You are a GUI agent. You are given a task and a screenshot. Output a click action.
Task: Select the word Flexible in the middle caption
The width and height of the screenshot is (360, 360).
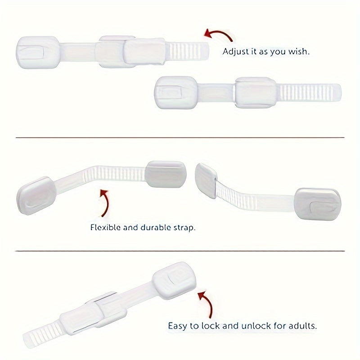pyautogui.click(x=105, y=227)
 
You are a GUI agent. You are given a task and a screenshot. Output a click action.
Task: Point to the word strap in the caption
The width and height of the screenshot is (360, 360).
pyautogui.click(x=184, y=228)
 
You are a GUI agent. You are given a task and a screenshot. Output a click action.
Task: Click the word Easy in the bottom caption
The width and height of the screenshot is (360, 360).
pyautogui.click(x=177, y=326)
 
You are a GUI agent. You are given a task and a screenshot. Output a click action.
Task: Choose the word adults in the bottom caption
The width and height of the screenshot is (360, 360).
pyautogui.click(x=302, y=325)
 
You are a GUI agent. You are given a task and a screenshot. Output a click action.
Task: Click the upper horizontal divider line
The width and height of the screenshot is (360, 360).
pyautogui.click(x=180, y=138)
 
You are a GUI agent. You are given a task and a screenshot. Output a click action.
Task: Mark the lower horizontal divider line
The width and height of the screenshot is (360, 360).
pyautogui.click(x=180, y=251)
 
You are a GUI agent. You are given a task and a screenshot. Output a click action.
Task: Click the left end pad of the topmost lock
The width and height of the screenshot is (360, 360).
pyautogui.click(x=38, y=52)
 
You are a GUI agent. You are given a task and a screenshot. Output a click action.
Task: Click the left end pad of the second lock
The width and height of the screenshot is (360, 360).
pyautogui.click(x=176, y=92)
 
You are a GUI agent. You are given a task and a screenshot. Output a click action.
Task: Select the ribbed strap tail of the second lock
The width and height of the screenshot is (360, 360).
pyautogui.click(x=310, y=92)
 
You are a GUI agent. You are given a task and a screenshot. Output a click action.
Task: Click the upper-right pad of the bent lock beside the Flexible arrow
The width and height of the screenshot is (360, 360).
pyautogui.click(x=166, y=174)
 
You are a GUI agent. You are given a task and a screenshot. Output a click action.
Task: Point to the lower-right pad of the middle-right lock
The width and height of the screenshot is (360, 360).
pyautogui.click(x=318, y=204)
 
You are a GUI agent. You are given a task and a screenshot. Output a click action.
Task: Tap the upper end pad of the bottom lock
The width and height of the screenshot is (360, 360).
pyautogui.click(x=175, y=280)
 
